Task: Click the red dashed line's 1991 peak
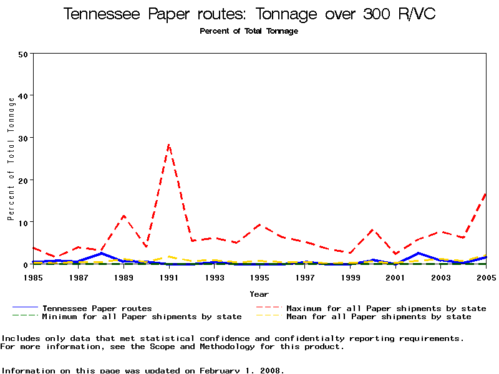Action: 168,145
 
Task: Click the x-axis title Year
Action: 259,294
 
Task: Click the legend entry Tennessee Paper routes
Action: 97,308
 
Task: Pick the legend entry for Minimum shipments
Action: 142,317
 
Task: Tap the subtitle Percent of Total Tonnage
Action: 249,31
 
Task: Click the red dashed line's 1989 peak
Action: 124,216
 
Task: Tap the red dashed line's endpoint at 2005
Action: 485,194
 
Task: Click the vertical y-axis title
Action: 11,158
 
